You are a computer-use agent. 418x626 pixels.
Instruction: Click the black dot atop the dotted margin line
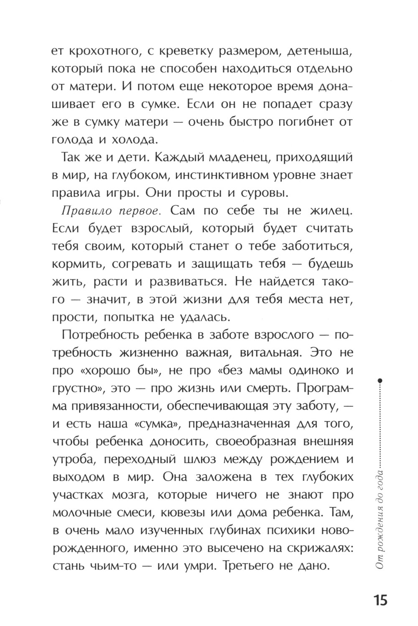(x=380, y=380)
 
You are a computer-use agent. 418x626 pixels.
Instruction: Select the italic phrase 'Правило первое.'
(x=109, y=211)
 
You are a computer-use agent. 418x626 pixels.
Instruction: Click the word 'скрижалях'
(x=316, y=548)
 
